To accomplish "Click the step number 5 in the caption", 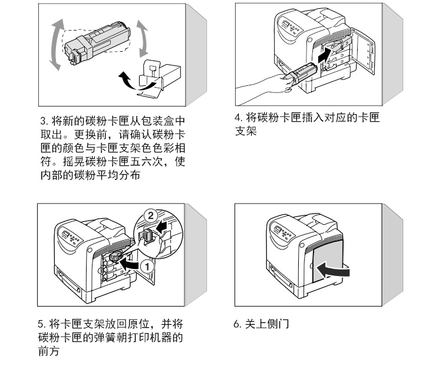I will pyautogui.click(x=40, y=323).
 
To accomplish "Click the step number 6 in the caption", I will pyautogui.click(x=237, y=323).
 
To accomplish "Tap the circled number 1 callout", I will pyautogui.click(x=149, y=265).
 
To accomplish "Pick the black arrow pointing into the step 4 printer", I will pyautogui.click(x=322, y=57).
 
